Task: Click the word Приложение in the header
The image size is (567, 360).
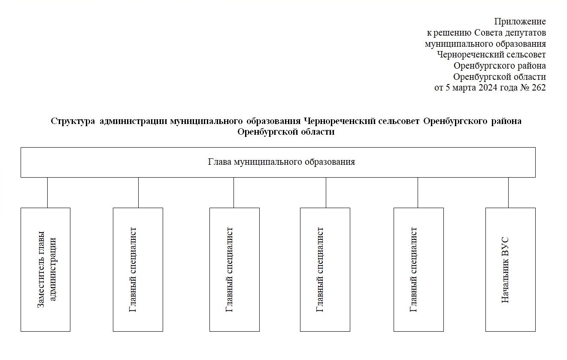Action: (x=520, y=22)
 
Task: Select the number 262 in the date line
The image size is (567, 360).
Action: (x=539, y=88)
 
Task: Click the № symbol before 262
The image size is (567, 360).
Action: (x=525, y=88)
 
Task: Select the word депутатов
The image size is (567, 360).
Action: (x=525, y=33)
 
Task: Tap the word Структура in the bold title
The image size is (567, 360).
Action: (x=73, y=121)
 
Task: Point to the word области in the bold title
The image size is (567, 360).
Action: (x=318, y=132)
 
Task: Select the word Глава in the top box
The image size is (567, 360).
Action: (x=219, y=162)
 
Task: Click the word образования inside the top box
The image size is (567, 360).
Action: (x=330, y=162)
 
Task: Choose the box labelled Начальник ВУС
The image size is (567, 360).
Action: (x=510, y=270)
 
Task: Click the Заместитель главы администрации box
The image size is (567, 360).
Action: (x=45, y=270)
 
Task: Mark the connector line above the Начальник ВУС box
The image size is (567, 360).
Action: (x=508, y=193)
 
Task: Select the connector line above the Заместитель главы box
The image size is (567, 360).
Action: (x=47, y=193)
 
